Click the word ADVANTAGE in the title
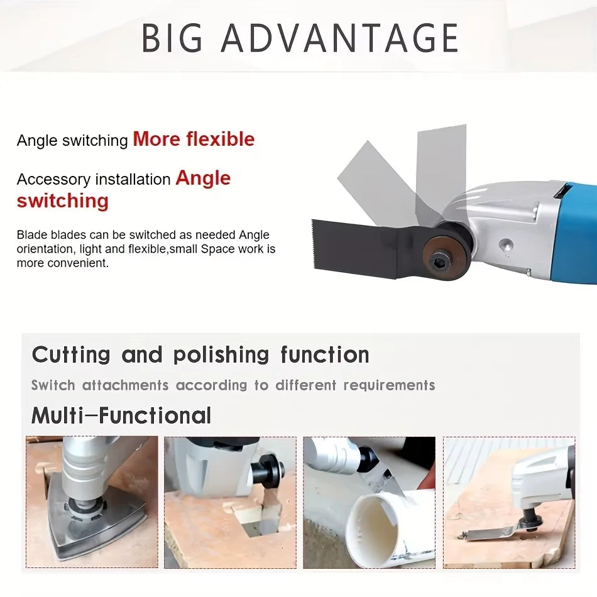(x=339, y=38)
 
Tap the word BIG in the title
(x=173, y=38)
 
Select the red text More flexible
(x=194, y=139)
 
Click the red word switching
(x=62, y=201)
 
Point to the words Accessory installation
(x=94, y=180)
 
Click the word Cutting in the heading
(x=71, y=354)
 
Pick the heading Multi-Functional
(x=121, y=415)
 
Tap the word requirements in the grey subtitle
(x=389, y=385)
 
